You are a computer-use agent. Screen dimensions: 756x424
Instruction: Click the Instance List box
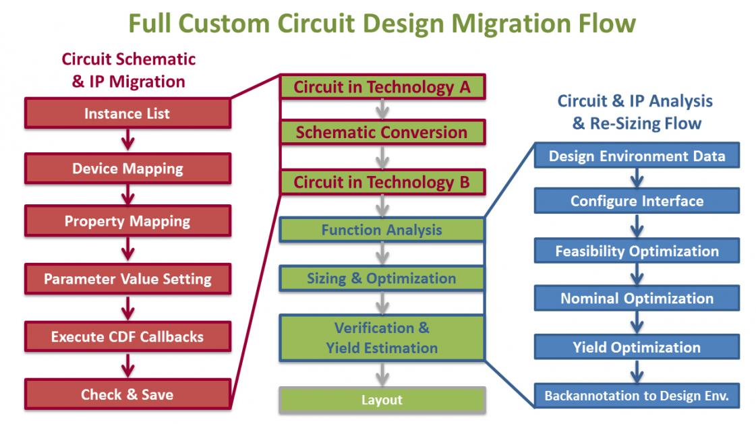tap(127, 113)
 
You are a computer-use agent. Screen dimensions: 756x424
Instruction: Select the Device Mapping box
tap(127, 168)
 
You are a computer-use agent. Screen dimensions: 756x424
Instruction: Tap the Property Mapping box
tap(127, 220)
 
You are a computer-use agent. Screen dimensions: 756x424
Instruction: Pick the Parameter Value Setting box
tap(127, 278)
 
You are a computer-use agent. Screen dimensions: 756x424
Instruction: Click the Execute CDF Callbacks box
tap(127, 336)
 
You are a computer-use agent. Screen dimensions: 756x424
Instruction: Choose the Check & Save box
tap(127, 394)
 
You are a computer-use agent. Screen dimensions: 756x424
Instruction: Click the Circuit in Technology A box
tap(382, 87)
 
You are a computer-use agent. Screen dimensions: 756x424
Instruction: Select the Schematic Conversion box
tap(382, 132)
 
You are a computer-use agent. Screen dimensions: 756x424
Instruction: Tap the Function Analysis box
tap(382, 229)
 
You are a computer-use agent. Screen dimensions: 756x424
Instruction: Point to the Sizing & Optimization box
tap(382, 278)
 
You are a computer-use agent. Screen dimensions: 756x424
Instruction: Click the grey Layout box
tap(382, 400)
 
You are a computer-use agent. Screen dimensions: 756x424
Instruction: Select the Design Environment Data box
tap(637, 156)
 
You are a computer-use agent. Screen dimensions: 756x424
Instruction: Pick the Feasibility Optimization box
tap(637, 251)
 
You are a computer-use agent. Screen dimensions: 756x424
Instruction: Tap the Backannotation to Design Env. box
tap(637, 396)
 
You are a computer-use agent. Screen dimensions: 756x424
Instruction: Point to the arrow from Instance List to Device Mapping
tap(127, 140)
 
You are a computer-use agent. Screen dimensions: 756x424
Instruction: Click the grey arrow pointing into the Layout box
tap(382, 374)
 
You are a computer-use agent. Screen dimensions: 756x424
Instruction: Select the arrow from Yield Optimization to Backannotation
tap(637, 371)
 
